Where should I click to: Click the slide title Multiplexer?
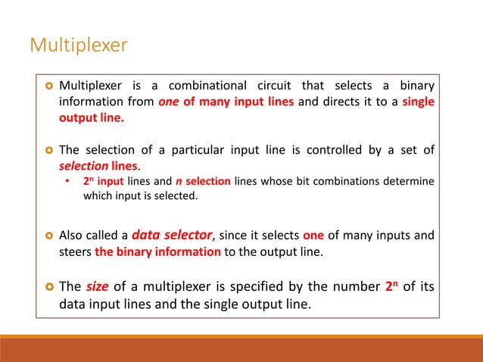point(78,46)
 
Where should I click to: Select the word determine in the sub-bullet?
point(409,182)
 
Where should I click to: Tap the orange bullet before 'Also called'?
point(46,236)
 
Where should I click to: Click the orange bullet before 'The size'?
point(46,289)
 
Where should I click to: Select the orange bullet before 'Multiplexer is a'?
point(46,84)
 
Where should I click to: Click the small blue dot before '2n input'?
point(67,182)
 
